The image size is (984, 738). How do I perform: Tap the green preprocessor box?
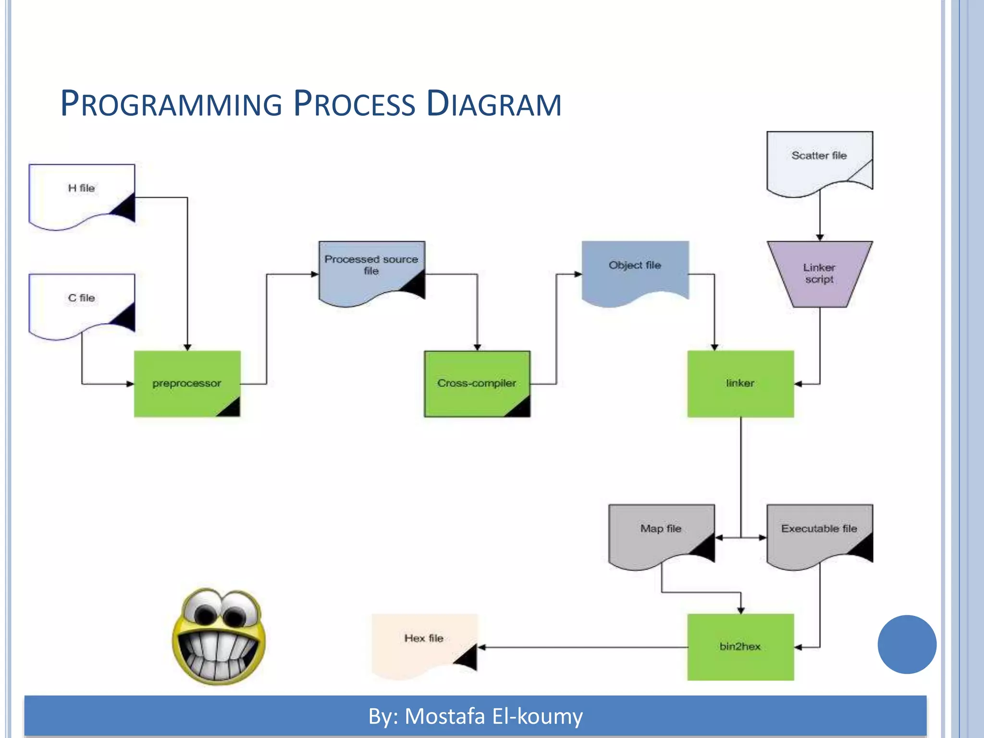tap(187, 383)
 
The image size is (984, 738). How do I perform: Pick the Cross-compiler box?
tap(477, 383)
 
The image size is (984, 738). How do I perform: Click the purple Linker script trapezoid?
tap(819, 273)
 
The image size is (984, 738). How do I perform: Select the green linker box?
tap(740, 383)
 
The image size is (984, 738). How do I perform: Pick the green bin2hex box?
tap(740, 646)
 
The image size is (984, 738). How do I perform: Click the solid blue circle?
tap(907, 644)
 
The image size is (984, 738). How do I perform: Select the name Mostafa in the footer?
tap(444, 716)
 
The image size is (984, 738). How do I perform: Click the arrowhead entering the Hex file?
tap(481, 647)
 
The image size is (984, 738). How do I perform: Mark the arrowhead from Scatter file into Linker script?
tap(820, 237)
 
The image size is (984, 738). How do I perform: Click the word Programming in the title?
tap(171, 104)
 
